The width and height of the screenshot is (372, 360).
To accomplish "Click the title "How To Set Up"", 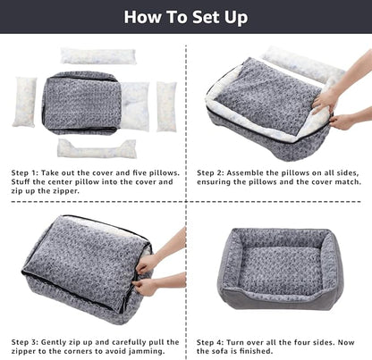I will [186, 16].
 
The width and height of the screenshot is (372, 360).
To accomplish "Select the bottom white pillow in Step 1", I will [97, 148].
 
